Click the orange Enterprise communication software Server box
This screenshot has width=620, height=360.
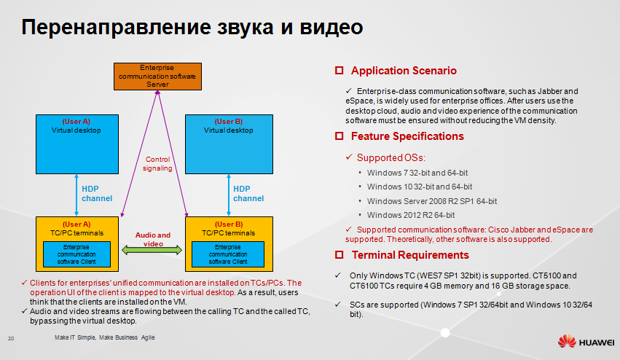(x=157, y=76)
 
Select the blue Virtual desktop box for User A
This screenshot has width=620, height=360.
(x=76, y=143)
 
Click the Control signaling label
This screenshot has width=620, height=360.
(x=158, y=163)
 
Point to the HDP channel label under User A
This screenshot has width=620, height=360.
(x=97, y=193)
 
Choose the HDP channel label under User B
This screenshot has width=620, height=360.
(x=248, y=193)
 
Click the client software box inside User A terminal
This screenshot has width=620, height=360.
(x=76, y=254)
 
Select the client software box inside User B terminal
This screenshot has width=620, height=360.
(x=228, y=254)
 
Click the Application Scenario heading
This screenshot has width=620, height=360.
(x=404, y=71)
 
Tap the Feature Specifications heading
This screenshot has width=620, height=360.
(x=407, y=136)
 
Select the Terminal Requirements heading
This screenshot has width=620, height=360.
(x=410, y=255)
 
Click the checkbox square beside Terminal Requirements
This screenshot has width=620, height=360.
(x=339, y=255)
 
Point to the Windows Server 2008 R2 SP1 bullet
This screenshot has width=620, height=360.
(x=432, y=201)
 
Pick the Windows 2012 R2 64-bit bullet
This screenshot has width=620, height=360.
(x=411, y=215)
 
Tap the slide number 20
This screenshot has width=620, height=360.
(x=11, y=339)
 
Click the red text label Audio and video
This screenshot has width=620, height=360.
(x=153, y=239)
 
